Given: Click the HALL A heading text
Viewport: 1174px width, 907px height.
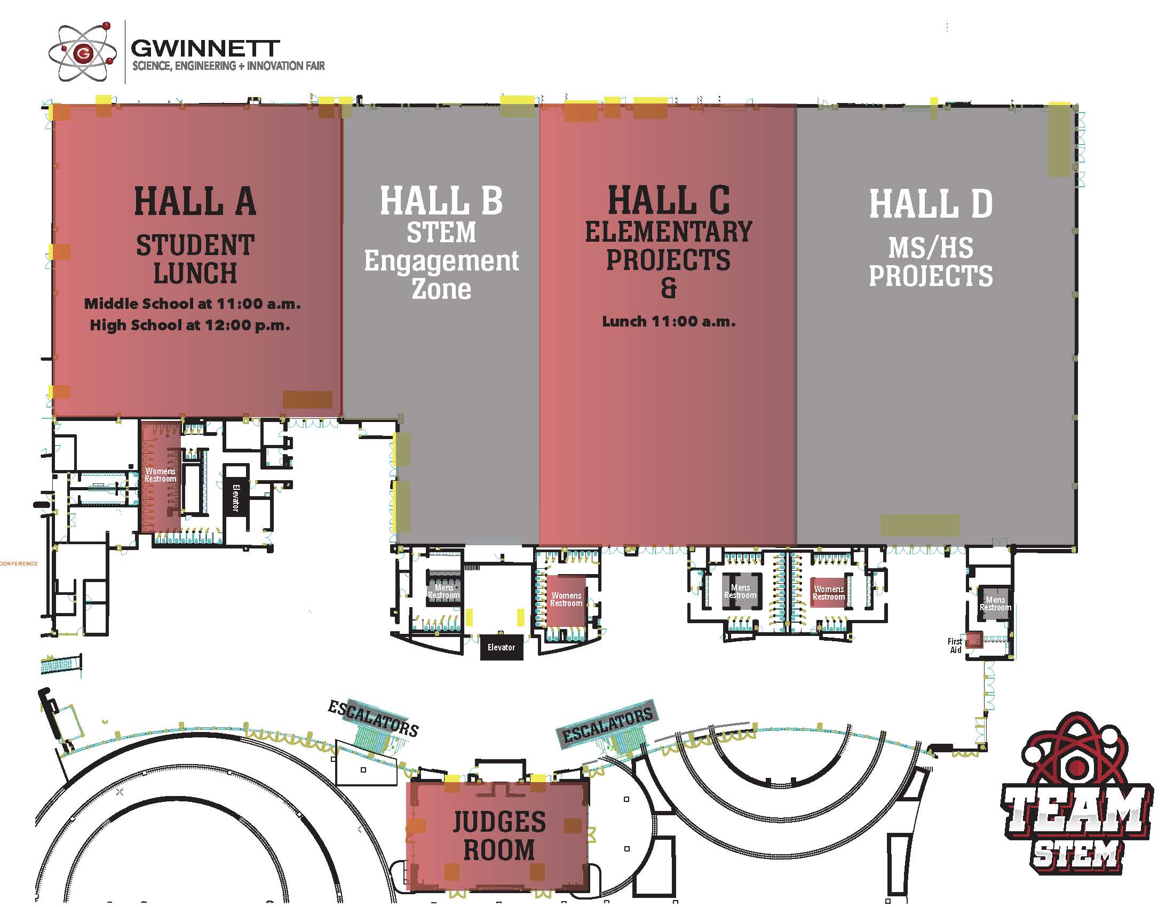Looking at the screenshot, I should (195, 202).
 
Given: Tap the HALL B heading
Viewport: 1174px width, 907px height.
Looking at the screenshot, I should (441, 201).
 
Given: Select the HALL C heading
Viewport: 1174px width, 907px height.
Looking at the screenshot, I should (668, 200).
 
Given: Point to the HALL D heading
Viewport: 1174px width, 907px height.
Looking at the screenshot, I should (931, 204).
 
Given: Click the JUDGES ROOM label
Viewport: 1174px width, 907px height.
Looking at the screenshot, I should (499, 836).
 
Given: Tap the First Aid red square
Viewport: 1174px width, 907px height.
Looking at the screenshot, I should (974, 640).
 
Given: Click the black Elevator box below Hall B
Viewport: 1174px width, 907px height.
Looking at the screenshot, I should (501, 648).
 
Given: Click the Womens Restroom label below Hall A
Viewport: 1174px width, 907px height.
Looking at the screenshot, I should (160, 475).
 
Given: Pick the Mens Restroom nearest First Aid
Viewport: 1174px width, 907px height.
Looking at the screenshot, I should (995, 603).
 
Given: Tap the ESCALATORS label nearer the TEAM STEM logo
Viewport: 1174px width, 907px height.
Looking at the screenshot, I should (607, 724).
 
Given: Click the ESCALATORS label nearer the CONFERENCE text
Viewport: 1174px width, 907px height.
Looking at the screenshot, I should (373, 719).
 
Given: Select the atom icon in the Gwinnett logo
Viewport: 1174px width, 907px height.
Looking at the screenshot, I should (82, 53).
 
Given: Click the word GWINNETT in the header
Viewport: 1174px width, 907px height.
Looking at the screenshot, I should (205, 49).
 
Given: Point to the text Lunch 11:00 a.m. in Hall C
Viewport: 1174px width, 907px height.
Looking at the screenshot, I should (668, 321).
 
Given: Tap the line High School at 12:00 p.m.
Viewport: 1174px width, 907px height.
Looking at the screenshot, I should (190, 325).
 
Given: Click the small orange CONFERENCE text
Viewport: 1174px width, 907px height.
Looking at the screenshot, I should (19, 563).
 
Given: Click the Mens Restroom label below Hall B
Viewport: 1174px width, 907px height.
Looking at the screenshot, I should (443, 592).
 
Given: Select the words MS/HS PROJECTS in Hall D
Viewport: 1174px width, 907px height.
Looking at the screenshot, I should (931, 262).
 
